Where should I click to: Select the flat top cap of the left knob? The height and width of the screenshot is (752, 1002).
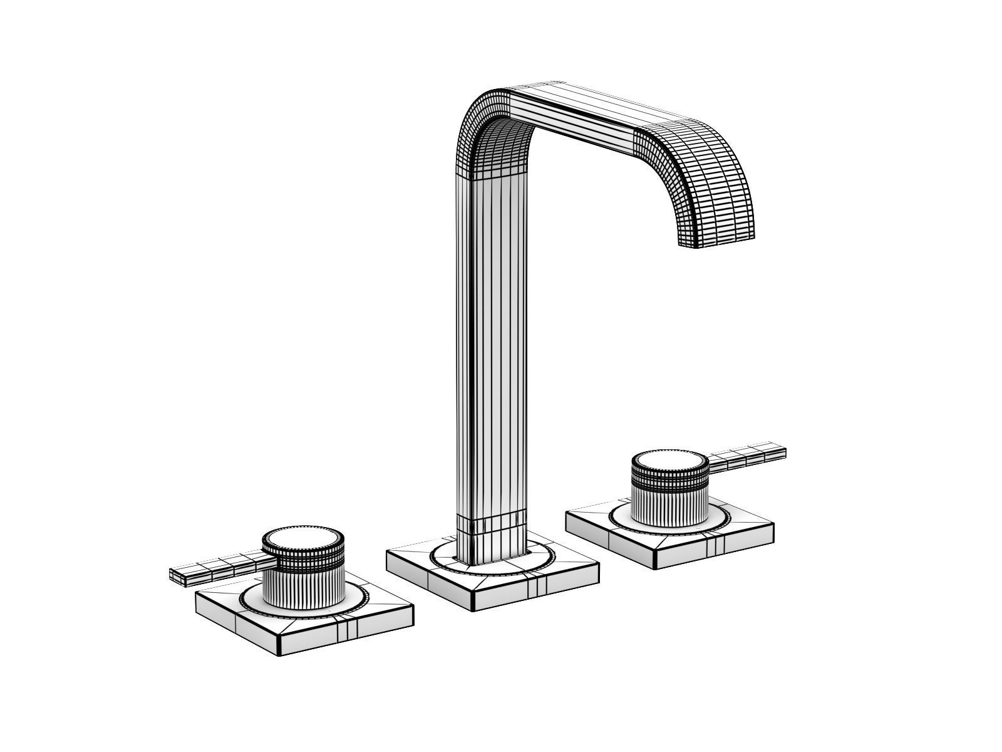coord(303,540)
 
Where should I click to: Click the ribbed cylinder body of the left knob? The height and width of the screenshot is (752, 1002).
coord(304,585)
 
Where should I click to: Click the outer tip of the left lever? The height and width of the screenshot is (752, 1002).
coord(175,576)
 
